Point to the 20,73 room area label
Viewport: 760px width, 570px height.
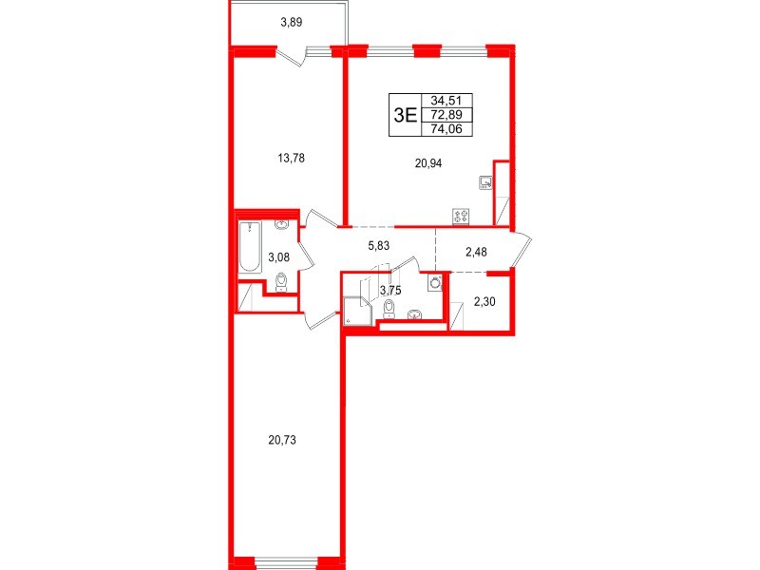pyautogui.click(x=287, y=440)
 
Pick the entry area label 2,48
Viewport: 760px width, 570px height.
pyautogui.click(x=479, y=252)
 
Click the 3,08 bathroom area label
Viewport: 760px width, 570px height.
pyautogui.click(x=277, y=256)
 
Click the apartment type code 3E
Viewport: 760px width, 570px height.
pyautogui.click(x=406, y=116)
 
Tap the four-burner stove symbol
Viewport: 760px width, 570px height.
pyautogui.click(x=462, y=216)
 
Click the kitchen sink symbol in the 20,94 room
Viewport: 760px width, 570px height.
pyautogui.click(x=485, y=182)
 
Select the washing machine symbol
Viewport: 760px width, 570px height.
pyautogui.click(x=436, y=282)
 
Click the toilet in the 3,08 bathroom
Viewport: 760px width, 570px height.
pyautogui.click(x=280, y=280)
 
